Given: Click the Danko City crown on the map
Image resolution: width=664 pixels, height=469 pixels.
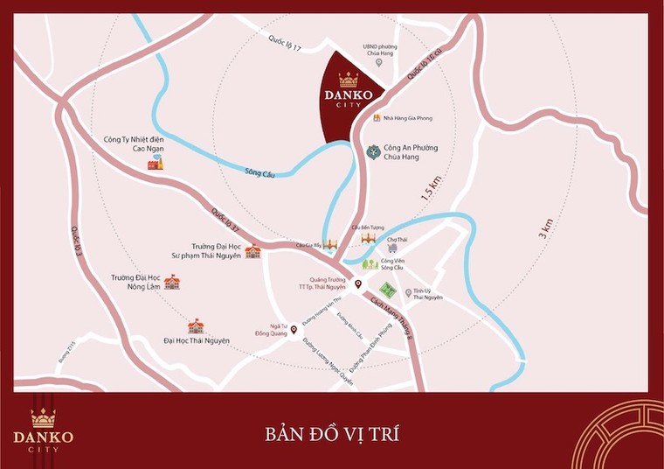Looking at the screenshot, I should click(349, 80).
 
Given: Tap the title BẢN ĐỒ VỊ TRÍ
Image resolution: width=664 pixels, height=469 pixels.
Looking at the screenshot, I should click(332, 433).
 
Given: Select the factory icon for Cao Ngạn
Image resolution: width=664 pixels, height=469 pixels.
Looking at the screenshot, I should click(155, 164).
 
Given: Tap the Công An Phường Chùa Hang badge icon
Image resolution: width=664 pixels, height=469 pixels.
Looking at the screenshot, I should click(373, 152).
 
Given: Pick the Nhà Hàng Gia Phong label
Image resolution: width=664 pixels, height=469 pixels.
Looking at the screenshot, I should click(407, 118).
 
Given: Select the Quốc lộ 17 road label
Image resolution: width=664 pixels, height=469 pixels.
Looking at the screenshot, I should click(285, 41).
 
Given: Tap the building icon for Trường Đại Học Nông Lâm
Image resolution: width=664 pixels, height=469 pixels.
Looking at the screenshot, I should click(172, 282).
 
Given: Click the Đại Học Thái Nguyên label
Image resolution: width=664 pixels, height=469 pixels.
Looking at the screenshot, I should click(196, 339).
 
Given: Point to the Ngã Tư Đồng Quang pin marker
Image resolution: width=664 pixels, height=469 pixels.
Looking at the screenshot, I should click(294, 330).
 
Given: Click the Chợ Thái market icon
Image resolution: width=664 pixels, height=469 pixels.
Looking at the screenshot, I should click(392, 248).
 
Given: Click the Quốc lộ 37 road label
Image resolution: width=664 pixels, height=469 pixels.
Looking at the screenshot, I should click(225, 222).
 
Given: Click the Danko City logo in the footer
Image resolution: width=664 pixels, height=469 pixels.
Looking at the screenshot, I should click(43, 430).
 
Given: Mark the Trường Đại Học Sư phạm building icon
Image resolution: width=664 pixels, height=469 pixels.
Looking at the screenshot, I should click(252, 252).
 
